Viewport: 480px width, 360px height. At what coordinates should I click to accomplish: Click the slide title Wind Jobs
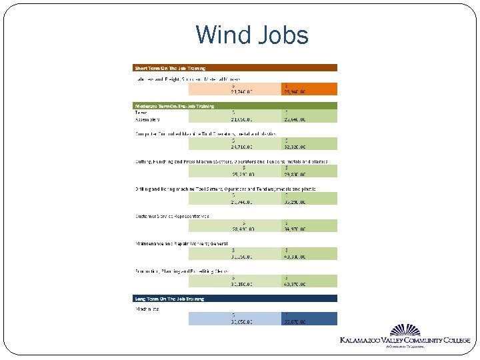[252, 35]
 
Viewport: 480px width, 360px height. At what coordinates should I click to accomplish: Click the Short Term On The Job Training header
[171, 68]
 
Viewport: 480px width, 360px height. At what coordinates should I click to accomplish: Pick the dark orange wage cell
[309, 89]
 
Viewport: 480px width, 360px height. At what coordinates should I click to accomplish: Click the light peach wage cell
[234, 89]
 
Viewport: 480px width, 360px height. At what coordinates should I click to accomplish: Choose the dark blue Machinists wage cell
[309, 319]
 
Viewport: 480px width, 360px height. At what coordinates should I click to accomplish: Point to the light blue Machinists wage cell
[234, 319]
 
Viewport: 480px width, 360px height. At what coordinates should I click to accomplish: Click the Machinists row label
[147, 309]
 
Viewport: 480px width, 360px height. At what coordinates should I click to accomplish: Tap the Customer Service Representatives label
[173, 216]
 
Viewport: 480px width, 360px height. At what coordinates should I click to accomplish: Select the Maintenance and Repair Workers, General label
[182, 243]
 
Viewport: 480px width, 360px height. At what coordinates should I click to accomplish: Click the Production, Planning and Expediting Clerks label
[181, 271]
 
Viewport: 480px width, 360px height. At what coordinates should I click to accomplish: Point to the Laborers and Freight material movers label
[187, 79]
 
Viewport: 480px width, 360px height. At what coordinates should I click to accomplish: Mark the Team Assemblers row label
[147, 116]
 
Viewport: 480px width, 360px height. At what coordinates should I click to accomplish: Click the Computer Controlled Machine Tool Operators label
[196, 133]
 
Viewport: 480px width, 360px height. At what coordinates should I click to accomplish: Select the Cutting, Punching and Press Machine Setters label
[231, 161]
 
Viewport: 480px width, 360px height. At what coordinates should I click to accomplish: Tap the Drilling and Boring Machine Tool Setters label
[225, 189]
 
